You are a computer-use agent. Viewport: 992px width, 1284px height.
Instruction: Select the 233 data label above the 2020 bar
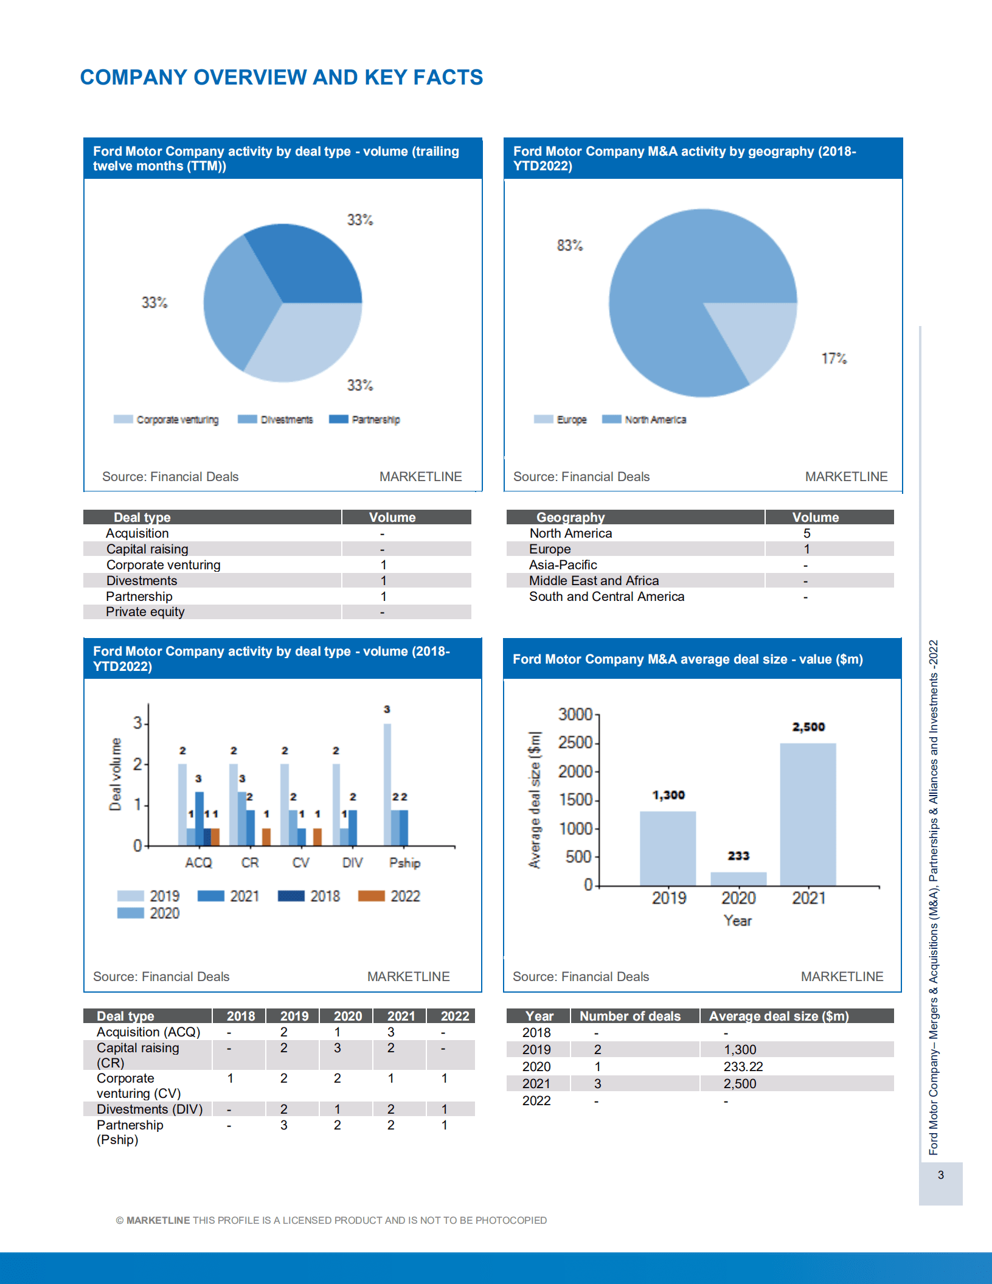coord(738,856)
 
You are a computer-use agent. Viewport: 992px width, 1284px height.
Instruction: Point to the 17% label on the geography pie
coord(834,358)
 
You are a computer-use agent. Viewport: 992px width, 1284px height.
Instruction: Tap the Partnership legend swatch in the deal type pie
coord(339,419)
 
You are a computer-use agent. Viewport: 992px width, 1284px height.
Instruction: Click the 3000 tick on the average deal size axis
coord(575,714)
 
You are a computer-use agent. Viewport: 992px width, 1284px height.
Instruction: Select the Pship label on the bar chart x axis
coord(404,862)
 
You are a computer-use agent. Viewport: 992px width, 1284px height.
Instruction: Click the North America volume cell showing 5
coord(806,533)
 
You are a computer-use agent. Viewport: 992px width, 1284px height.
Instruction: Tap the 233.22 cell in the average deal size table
coord(743,1066)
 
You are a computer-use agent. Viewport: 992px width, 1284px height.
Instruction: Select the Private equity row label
coord(145,612)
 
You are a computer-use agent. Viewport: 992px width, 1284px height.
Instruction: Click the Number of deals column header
coord(630,1016)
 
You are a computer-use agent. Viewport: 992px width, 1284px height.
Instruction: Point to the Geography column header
coord(570,517)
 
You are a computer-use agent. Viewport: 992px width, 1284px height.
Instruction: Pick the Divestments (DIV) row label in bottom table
coord(150,1109)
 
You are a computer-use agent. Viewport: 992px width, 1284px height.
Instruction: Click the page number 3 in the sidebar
coord(940,1175)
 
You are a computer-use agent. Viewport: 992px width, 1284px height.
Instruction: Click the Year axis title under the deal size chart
coord(737,921)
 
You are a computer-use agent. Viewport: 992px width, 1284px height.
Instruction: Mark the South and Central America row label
coord(606,597)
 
